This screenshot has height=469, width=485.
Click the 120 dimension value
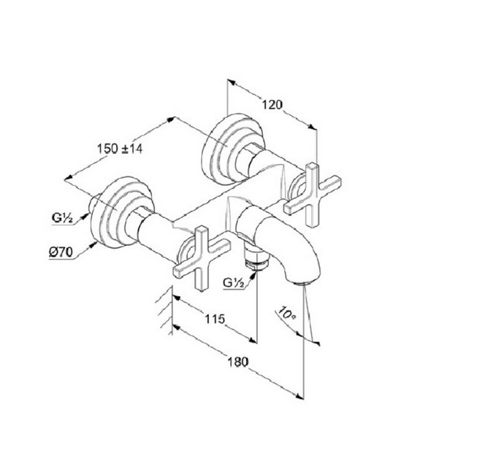(272, 104)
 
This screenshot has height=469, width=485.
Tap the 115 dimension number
(214, 319)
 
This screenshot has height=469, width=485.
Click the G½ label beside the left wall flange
(61, 217)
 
